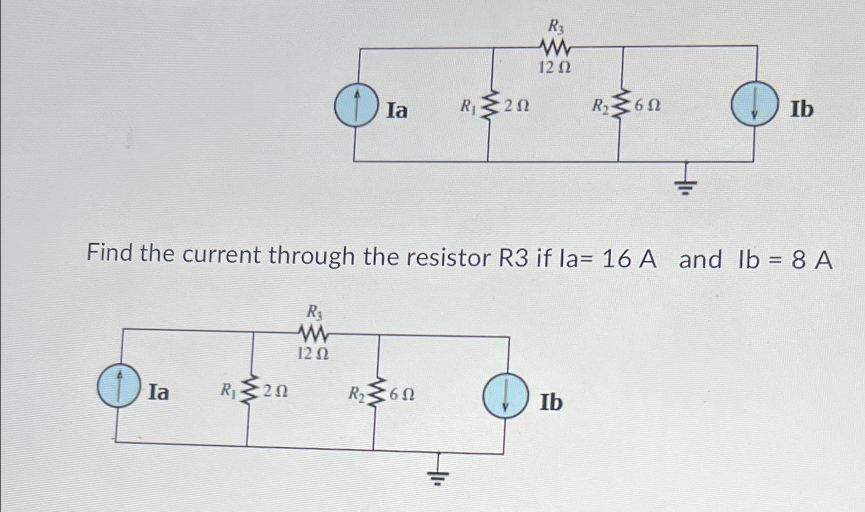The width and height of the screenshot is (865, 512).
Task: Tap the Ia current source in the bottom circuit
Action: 119,387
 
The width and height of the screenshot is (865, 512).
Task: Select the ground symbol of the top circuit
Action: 686,185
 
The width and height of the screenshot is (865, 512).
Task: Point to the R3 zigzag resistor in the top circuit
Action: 555,48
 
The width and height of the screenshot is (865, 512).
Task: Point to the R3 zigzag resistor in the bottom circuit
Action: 314,335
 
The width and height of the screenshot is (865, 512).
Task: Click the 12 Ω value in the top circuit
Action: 555,67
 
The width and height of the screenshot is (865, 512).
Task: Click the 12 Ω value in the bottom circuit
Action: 313,354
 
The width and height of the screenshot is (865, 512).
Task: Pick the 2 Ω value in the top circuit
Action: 517,106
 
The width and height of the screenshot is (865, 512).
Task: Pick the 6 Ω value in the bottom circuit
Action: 402,394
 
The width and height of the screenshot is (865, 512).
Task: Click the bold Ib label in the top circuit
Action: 802,109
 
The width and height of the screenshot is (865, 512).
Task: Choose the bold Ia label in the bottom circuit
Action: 158,393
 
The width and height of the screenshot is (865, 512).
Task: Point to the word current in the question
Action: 221,255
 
